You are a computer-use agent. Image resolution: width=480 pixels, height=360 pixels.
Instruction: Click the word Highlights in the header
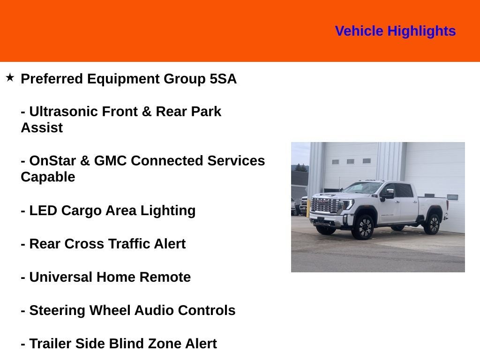[x=421, y=31]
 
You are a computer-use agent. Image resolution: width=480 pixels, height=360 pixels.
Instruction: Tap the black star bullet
[x=10, y=77]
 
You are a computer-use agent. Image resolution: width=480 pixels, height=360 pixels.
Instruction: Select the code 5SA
[x=223, y=79]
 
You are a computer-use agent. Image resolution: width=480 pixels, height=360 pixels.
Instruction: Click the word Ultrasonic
[x=63, y=112]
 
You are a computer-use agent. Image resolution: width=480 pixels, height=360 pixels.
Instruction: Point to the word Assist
[x=42, y=127]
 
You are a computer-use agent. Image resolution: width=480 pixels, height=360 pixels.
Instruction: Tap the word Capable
[x=48, y=177]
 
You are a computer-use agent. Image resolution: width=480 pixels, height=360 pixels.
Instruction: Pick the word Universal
[x=60, y=277]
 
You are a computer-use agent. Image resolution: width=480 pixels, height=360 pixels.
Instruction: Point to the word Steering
[x=57, y=311]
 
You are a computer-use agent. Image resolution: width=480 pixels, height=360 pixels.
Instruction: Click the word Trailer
[x=50, y=344]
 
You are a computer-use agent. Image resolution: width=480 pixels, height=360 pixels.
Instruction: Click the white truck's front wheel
[x=363, y=227]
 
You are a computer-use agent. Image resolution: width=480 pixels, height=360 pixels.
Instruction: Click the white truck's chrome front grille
[x=325, y=205]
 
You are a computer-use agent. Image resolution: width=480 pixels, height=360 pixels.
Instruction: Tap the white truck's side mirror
[x=388, y=195]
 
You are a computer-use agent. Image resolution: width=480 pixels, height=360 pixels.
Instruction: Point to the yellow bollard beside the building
[x=308, y=208]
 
